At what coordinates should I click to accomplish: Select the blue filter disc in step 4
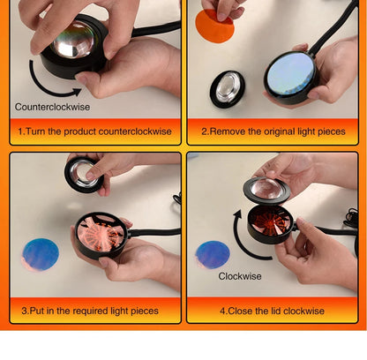(x=213, y=255)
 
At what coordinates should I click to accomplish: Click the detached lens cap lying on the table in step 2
(x=228, y=89)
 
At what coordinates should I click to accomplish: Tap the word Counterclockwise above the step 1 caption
(x=52, y=107)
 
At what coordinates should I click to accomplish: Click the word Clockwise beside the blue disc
(x=240, y=276)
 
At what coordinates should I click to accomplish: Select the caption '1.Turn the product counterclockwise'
(x=94, y=131)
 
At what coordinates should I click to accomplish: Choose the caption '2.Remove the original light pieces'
(x=273, y=131)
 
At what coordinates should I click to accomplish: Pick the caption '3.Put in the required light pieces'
(x=90, y=311)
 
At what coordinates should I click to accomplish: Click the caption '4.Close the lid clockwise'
(x=272, y=311)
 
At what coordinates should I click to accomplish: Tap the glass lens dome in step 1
(x=73, y=40)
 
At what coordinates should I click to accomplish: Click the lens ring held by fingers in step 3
(x=84, y=175)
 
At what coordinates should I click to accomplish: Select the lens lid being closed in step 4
(x=266, y=191)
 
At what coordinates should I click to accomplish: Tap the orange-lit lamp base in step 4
(x=271, y=224)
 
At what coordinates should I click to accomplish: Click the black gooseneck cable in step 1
(x=155, y=29)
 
